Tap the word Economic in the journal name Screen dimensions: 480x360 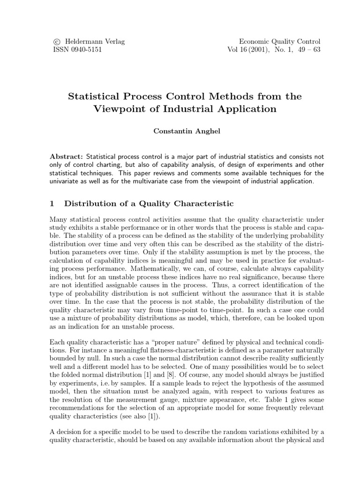click(255, 41)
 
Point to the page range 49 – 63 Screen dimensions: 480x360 click(307, 50)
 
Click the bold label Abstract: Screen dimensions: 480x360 click(66, 156)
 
